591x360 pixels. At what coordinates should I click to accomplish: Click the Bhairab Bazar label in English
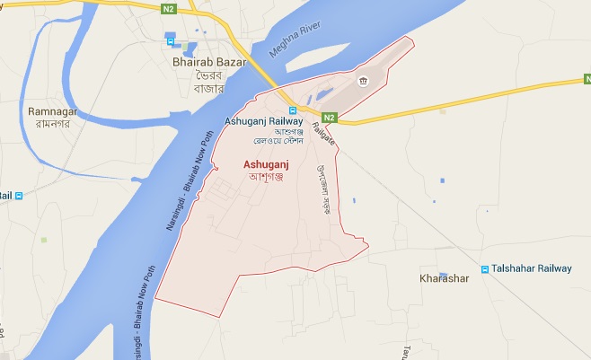click(x=207, y=63)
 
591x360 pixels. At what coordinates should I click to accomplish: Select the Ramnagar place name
click(x=49, y=110)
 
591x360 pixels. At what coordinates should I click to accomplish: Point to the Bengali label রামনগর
click(x=49, y=123)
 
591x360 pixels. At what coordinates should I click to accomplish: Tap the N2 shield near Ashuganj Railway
click(x=329, y=118)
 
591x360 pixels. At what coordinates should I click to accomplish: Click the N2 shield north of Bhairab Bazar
click(x=168, y=9)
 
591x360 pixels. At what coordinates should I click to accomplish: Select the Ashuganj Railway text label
click(x=264, y=121)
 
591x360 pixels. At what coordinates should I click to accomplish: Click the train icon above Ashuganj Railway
click(x=293, y=110)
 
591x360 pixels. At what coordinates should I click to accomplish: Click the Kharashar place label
click(x=445, y=278)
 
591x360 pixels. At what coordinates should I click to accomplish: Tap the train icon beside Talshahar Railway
click(x=484, y=268)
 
